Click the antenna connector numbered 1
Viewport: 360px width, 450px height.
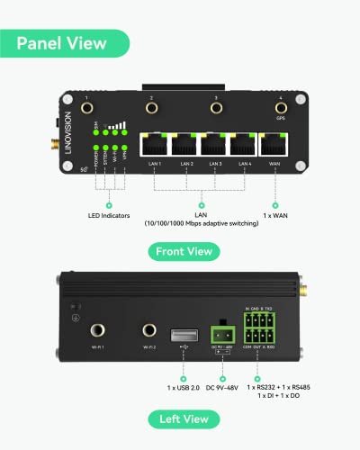pos(86,108)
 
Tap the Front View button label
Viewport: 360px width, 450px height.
pos(184,252)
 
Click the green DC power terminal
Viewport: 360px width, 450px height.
pos(220,328)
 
